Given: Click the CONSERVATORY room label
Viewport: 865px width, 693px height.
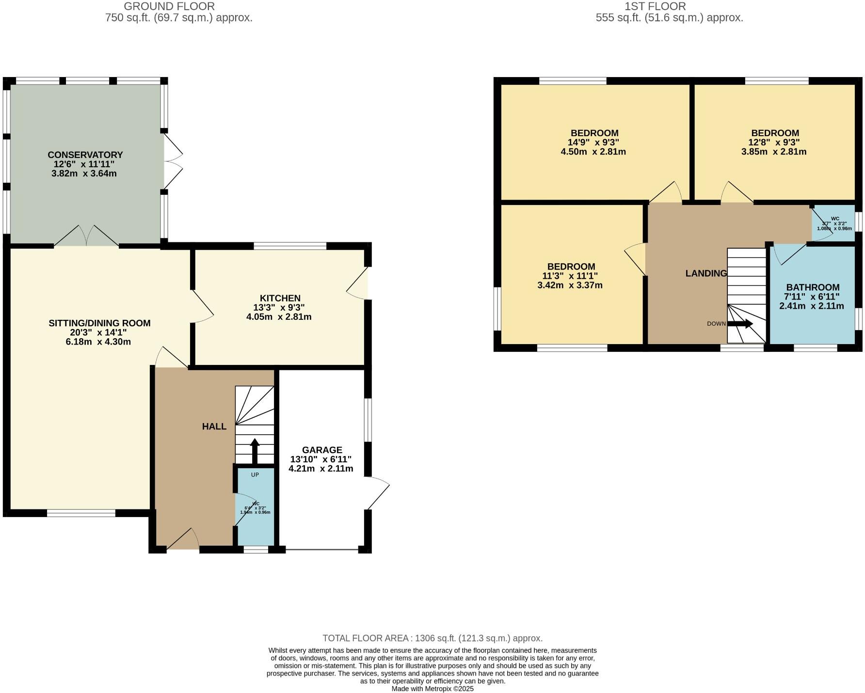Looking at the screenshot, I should pos(85,155).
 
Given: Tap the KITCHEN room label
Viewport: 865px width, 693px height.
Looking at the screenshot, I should pos(280,298).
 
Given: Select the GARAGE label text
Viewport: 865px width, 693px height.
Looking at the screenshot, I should pos(322,450).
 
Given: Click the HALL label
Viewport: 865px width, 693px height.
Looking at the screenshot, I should pos(214,426).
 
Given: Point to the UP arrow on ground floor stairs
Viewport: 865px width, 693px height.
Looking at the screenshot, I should pos(255,451).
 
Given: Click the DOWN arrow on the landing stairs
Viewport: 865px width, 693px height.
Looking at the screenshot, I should pos(740,324).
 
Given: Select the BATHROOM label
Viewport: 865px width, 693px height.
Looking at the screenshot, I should pos(813,287).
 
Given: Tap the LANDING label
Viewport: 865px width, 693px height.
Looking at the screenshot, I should pos(706,273).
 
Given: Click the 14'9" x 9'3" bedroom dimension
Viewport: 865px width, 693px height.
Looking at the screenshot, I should pos(593,142).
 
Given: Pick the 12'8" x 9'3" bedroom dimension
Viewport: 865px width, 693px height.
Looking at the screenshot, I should pos(774,142).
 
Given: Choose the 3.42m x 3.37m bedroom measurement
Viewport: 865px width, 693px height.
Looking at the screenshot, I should pos(570,285).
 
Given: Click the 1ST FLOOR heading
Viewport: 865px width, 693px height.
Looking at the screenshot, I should pos(655,6).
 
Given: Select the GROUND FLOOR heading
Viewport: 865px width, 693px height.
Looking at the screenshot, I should pos(169,6).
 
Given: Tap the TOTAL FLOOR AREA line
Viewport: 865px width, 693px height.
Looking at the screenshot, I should pos(432,638).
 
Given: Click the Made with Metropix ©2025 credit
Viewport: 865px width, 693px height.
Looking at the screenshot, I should pos(432,689).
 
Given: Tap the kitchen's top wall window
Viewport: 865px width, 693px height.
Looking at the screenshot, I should pos(290,246).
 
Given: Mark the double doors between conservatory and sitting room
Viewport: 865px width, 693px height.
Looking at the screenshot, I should pos(86,237).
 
